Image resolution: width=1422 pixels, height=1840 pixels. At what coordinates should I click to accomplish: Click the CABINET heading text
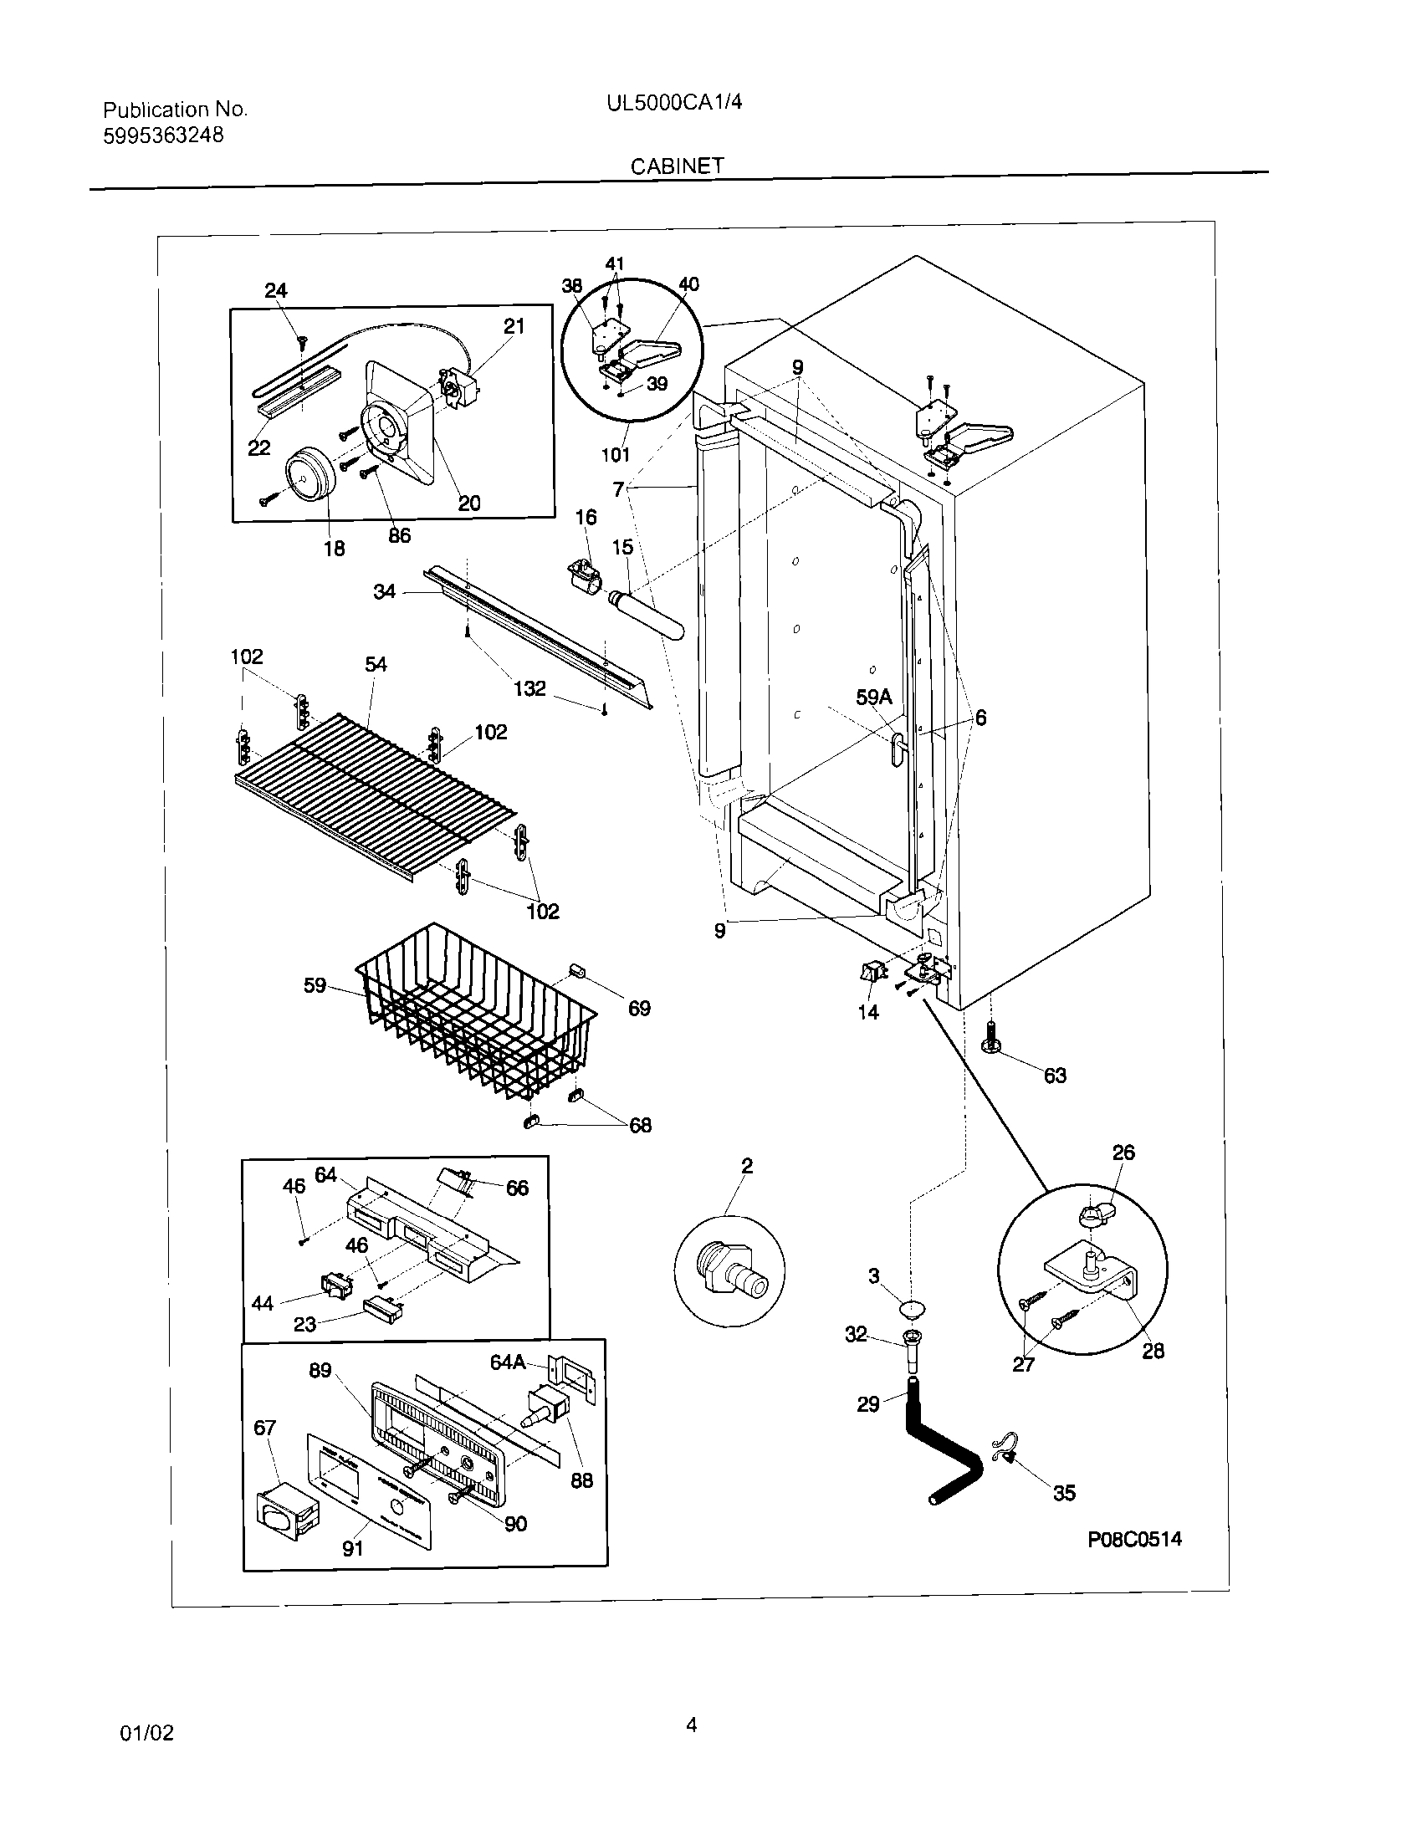click(678, 166)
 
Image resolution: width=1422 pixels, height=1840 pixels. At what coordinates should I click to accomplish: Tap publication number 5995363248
click(163, 135)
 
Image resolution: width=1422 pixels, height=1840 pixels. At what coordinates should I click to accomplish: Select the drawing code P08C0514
click(1135, 1539)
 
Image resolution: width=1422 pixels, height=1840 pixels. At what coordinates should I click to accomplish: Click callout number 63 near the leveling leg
click(1055, 1075)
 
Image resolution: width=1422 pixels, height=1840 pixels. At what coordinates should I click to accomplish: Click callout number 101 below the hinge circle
click(615, 455)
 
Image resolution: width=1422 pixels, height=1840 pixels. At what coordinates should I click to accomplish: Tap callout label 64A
click(508, 1362)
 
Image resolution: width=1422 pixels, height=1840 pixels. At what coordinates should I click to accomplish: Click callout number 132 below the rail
click(529, 688)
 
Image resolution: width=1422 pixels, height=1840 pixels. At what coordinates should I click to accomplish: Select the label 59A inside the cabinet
click(873, 697)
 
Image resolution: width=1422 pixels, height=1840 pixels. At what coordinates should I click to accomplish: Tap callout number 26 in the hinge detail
click(1123, 1152)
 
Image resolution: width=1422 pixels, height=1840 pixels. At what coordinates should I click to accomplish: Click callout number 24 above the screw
click(275, 291)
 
